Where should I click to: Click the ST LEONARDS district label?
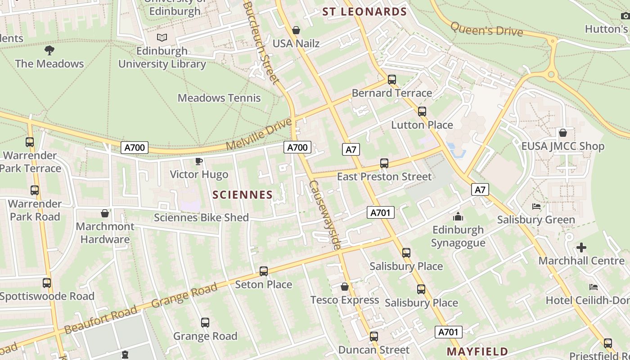pos(364,12)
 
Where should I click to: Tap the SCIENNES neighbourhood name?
pos(243,194)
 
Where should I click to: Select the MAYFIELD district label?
pos(477,351)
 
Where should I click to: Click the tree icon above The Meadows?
pos(49,50)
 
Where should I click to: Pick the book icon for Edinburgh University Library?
pos(162,38)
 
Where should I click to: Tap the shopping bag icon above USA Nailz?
pos(296,30)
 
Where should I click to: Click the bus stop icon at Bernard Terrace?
pos(392,80)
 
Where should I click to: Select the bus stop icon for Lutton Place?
pos(422,111)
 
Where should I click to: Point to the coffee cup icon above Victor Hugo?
pos(199,161)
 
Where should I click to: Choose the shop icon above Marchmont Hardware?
pos(105,213)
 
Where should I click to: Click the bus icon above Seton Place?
pos(264,271)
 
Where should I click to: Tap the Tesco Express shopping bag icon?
pos(345,287)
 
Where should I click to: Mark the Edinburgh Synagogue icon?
pos(458,216)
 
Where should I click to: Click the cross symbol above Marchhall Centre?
pos(581,247)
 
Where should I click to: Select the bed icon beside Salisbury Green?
pos(536,207)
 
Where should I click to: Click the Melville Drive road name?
pos(259,134)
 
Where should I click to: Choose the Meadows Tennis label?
pos(219,98)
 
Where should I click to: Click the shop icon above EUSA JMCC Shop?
pos(562,133)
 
